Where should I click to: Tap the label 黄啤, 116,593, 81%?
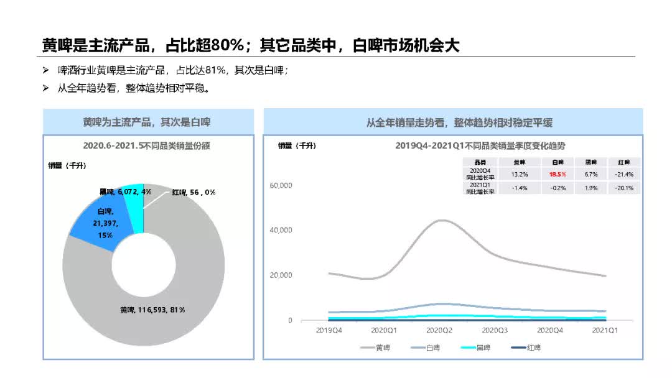point(152,310)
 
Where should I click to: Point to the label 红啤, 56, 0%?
point(194,192)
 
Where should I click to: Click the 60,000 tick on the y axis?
point(281,185)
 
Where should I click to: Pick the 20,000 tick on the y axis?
point(281,275)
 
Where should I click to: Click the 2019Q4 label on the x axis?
point(329,330)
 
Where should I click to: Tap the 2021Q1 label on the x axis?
point(604,330)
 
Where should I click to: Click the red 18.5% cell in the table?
point(558,175)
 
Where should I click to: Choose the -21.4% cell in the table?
point(624,175)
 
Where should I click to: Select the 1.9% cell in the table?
point(591,188)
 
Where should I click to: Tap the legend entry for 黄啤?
point(376,348)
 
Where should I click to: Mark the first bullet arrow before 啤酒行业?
point(45,71)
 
